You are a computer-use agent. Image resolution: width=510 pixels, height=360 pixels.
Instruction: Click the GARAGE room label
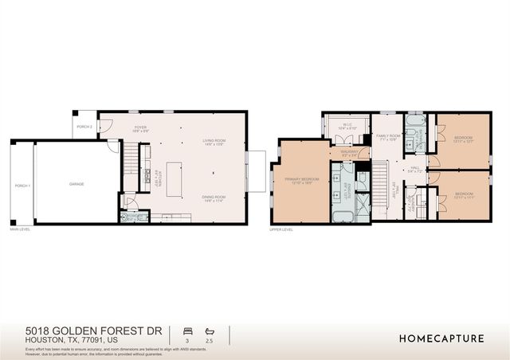[x=76, y=184]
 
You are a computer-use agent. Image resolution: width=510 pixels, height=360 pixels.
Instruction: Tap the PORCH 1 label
[x=22, y=185]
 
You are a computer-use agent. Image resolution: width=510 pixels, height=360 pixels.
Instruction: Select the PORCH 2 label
[x=84, y=127]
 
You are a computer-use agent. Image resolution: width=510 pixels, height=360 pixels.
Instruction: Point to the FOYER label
[x=140, y=128]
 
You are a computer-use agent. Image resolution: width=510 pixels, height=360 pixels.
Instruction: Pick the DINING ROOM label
[x=214, y=198]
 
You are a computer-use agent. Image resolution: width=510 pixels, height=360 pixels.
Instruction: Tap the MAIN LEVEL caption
[x=21, y=229]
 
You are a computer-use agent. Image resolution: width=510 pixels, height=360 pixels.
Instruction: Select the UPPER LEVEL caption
[x=282, y=229]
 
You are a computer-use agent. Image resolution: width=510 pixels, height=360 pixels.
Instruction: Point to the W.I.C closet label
[x=347, y=126]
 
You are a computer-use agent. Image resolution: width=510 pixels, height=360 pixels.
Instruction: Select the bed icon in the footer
[x=187, y=330]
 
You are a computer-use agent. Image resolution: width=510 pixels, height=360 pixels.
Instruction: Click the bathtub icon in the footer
[x=210, y=330]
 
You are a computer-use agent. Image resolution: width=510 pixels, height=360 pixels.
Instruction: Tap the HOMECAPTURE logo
[x=441, y=338]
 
